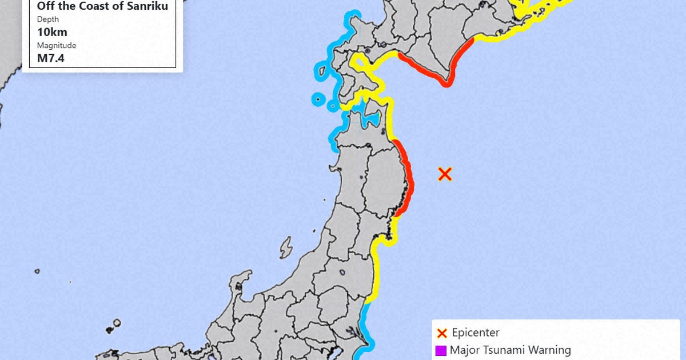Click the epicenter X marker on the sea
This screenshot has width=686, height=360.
(x=445, y=174)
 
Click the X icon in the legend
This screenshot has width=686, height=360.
(x=441, y=333)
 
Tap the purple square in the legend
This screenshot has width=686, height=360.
(x=441, y=350)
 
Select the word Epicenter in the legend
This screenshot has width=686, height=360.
(x=476, y=333)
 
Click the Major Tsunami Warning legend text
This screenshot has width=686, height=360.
(x=510, y=350)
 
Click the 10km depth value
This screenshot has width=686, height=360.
(x=52, y=32)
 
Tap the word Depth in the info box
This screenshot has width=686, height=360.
(x=48, y=19)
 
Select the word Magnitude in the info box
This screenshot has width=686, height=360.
(x=57, y=45)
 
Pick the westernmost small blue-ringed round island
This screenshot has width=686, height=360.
(x=316, y=99)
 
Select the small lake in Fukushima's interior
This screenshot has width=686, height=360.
(x=342, y=273)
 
